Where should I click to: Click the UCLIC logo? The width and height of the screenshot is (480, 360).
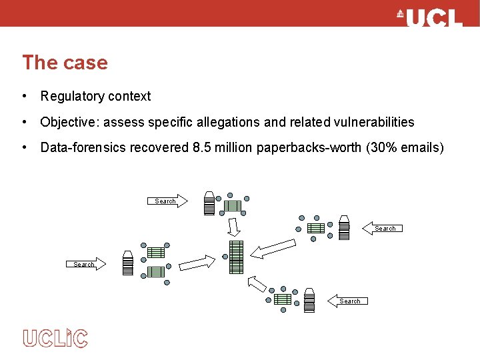click(x=55, y=338)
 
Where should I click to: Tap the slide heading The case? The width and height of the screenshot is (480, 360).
click(x=65, y=63)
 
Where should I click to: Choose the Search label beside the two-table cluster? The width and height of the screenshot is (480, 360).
click(x=85, y=264)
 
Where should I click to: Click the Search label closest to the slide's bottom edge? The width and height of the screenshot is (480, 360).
click(x=349, y=301)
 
